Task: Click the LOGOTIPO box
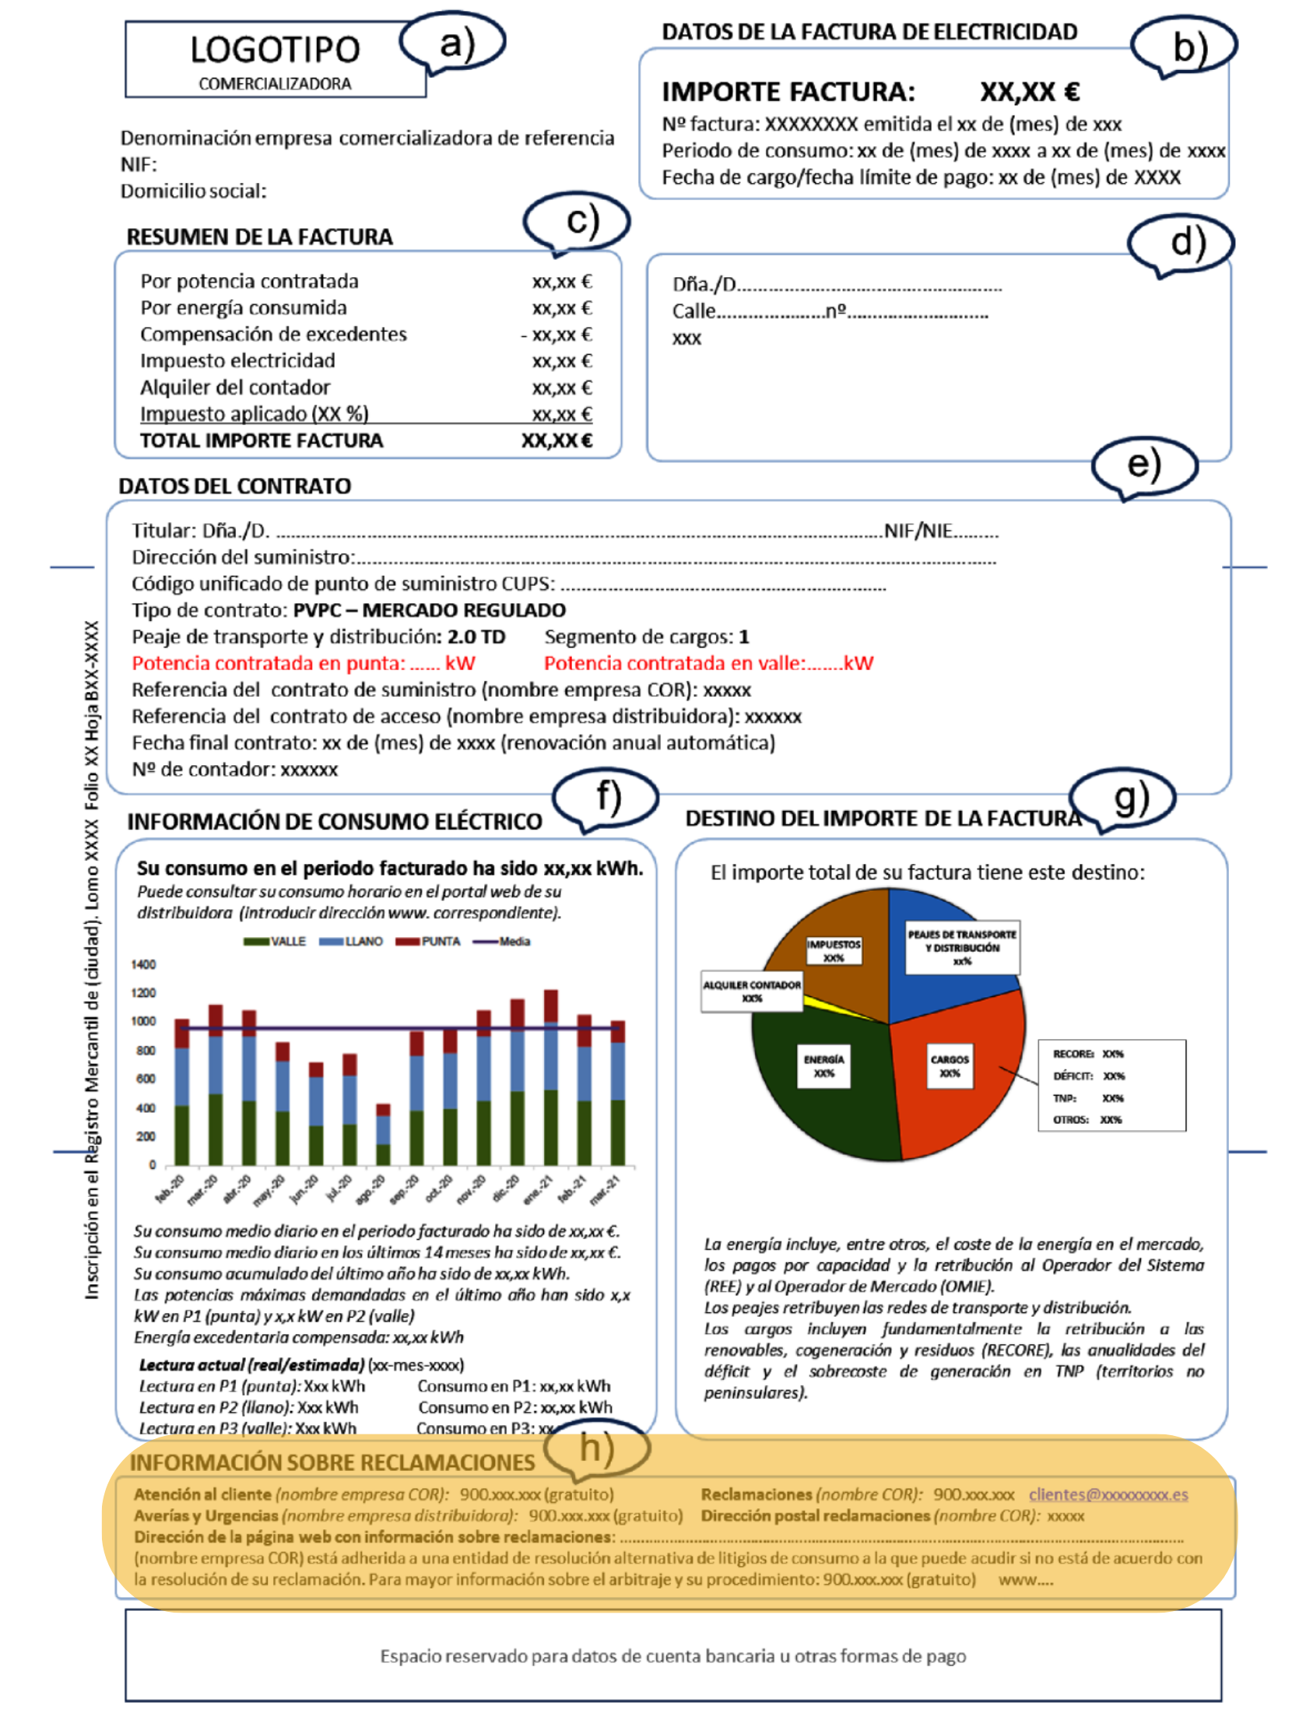pyautogui.click(x=274, y=60)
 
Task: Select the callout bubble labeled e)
pyautogui.click(x=1143, y=465)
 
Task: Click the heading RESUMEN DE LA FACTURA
pyautogui.click(x=259, y=237)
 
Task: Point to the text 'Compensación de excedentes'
pyautogui.click(x=273, y=335)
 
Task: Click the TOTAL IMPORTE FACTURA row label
pyautogui.click(x=261, y=441)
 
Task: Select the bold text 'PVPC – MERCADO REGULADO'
pyautogui.click(x=429, y=610)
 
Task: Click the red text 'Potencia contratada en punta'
pyautogui.click(x=268, y=663)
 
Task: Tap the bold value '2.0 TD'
pyautogui.click(x=476, y=637)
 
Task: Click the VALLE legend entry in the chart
pyautogui.click(x=275, y=942)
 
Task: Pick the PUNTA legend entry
pyautogui.click(x=428, y=942)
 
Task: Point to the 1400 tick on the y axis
pyautogui.click(x=144, y=965)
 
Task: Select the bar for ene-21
pyautogui.click(x=551, y=1079)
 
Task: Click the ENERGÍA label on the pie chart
pyautogui.click(x=823, y=1066)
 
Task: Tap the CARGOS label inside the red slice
pyautogui.click(x=950, y=1066)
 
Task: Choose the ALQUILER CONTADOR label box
pyautogui.click(x=752, y=991)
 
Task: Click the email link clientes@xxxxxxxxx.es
pyautogui.click(x=1108, y=1495)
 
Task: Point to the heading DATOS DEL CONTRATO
pyautogui.click(x=234, y=486)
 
